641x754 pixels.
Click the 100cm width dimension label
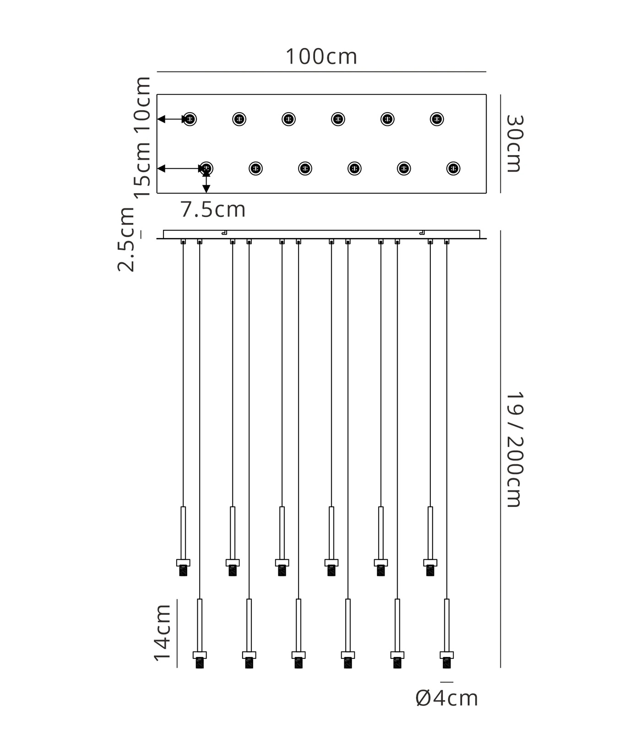[321, 57]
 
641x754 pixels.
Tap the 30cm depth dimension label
[514, 143]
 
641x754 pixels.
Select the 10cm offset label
[142, 104]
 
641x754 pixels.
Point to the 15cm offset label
[142, 169]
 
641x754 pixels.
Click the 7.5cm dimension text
[213, 210]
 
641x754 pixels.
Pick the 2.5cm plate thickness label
[126, 239]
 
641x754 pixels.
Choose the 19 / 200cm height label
[514, 450]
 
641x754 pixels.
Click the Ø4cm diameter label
[447, 699]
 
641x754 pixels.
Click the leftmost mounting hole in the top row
[190, 119]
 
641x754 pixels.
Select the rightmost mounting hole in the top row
[437, 119]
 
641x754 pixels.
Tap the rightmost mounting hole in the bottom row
[453, 168]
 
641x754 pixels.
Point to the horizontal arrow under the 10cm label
[172, 119]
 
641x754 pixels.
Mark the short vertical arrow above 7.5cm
[206, 181]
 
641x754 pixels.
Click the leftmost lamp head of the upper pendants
[183, 567]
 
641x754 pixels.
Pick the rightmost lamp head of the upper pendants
[430, 567]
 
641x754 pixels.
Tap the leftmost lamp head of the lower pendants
[200, 660]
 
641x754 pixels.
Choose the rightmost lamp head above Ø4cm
[447, 660]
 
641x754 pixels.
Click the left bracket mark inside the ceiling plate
[224, 233]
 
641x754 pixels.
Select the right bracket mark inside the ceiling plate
[422, 233]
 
